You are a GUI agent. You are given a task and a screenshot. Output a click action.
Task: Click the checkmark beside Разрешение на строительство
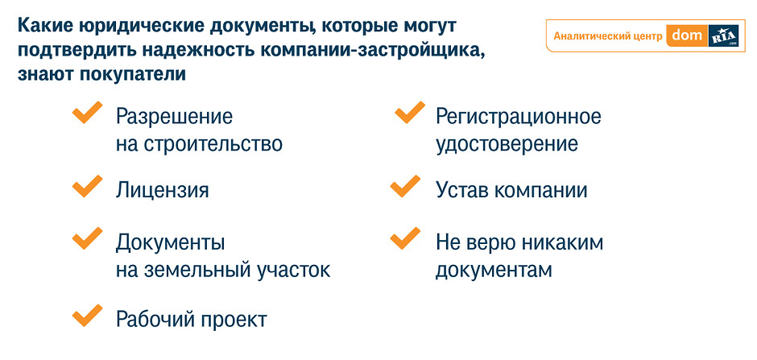point(86,114)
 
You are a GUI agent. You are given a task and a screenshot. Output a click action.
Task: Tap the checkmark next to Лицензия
point(86,187)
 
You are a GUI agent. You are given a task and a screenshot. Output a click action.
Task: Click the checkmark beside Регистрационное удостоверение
point(409,113)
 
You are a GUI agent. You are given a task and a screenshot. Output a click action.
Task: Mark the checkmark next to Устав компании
point(404,187)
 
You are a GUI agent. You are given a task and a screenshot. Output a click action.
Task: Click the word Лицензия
point(162,191)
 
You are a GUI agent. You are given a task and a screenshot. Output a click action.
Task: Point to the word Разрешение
point(174,118)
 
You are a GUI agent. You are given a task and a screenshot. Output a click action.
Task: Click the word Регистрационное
point(519,118)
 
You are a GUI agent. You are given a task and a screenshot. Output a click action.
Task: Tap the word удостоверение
point(507,145)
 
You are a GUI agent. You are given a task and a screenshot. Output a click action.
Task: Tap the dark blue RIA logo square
point(724,35)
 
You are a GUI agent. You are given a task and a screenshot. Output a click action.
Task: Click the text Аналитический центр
point(607,36)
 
